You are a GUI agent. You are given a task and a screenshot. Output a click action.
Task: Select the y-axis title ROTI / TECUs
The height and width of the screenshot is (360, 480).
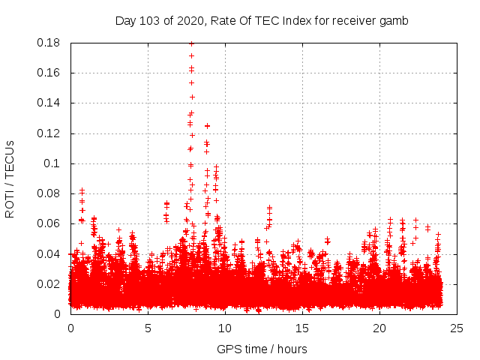point(10,178)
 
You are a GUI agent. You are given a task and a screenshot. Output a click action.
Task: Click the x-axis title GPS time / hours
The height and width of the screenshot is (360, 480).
point(262,349)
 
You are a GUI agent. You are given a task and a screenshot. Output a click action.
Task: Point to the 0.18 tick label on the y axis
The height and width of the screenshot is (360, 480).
point(49,43)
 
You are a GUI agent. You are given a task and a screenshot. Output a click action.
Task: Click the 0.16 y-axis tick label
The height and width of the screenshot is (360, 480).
point(49,73)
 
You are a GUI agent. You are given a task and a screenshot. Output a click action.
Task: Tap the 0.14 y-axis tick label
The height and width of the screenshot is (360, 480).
point(49,103)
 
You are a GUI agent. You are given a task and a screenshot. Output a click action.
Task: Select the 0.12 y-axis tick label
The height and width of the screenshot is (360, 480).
point(49,133)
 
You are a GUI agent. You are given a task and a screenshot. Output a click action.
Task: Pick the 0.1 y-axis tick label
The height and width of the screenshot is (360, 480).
point(52,163)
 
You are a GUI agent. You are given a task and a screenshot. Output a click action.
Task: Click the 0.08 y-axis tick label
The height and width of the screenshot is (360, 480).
point(49,193)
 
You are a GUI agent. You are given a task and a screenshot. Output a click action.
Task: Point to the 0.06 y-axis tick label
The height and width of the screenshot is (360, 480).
point(49,223)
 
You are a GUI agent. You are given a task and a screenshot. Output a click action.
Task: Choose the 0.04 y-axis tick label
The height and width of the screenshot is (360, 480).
point(49,253)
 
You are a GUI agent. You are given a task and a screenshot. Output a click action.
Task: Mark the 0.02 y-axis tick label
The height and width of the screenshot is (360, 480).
point(49,283)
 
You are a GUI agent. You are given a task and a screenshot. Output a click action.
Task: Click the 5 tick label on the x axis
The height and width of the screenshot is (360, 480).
point(148,328)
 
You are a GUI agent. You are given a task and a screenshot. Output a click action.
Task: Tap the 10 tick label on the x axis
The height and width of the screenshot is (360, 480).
point(225,328)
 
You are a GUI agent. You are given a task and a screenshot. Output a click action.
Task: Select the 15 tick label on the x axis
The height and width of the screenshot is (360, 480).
point(302,328)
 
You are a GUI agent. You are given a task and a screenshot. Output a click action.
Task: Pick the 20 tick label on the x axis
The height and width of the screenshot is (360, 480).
point(379,328)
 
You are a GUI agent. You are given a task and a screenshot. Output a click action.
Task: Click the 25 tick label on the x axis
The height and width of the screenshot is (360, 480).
point(457,328)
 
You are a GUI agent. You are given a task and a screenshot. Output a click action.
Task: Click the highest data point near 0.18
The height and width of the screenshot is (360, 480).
point(191,43)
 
